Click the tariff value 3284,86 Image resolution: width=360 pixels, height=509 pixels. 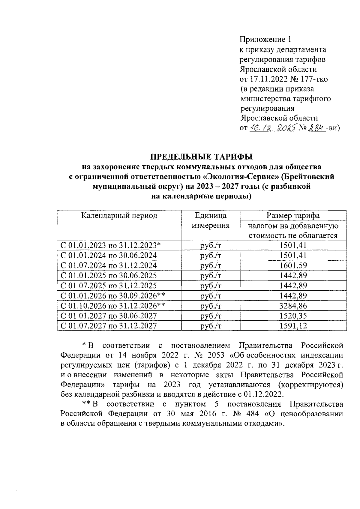293,306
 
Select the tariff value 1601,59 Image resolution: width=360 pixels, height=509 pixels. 293,266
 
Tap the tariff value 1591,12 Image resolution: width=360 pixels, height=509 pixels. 293,326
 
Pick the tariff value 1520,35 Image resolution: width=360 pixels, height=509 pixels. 293,316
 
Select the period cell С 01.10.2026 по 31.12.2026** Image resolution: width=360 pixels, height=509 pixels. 113,306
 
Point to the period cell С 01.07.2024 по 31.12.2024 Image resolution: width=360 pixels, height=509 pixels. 109,266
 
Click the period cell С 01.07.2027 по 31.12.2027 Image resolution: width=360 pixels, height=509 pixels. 109,326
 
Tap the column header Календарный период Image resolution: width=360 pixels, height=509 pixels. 119,216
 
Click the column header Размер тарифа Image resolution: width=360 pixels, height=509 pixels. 293,216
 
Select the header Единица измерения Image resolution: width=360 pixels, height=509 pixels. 211,220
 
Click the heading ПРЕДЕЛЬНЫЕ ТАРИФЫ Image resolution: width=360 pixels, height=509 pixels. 201,157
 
